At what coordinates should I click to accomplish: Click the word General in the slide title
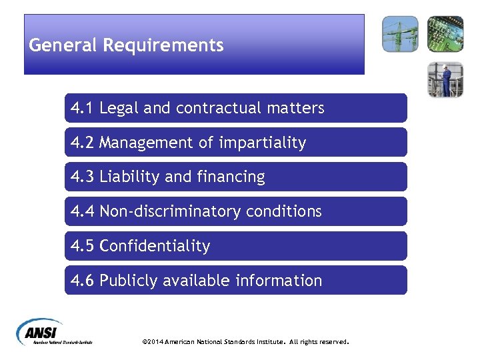tap(63, 45)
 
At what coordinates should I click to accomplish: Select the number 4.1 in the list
tap(83, 108)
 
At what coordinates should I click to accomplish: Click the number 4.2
tap(83, 143)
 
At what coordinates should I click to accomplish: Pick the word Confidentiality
tap(155, 247)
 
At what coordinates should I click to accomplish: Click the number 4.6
tap(83, 281)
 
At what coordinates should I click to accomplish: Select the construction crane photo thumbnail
tap(400, 34)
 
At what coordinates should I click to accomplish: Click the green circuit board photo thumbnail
tap(445, 34)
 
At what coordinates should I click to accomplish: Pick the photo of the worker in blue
tap(445, 79)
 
